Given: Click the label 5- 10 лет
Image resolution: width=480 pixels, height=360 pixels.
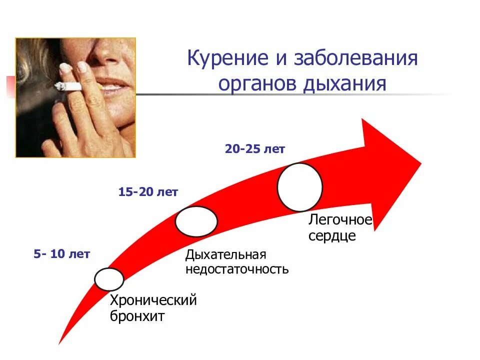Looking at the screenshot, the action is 62,254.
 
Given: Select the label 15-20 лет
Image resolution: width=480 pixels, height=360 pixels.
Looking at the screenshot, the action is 148,192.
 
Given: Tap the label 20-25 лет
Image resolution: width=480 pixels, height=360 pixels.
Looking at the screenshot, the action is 254,149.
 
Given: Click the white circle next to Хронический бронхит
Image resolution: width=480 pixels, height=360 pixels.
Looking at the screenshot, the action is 109,279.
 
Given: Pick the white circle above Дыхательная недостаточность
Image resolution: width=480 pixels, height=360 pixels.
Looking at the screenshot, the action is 196,221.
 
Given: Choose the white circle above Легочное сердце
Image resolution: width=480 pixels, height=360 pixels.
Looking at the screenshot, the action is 299,187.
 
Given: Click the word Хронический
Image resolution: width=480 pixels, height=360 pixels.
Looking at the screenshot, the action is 153,301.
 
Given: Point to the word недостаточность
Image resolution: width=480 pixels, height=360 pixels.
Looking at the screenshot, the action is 237,270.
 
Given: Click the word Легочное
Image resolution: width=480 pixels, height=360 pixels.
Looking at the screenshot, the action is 340,220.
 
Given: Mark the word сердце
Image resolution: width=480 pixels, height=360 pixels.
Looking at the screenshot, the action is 332,235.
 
